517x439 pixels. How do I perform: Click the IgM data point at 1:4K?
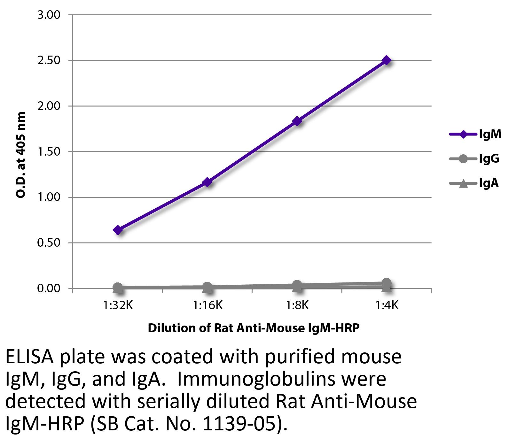point(387,60)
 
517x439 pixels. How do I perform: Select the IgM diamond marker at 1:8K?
point(297,121)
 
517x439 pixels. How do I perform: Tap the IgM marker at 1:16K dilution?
point(207,182)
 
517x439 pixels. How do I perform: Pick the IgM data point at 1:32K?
point(118,230)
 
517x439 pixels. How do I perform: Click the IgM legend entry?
point(490,135)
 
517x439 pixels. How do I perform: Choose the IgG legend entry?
point(489,159)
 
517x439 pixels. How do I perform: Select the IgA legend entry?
point(489,183)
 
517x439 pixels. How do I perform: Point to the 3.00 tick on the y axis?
point(49,15)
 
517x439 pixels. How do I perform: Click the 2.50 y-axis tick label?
point(49,60)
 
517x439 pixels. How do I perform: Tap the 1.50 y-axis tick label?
point(49,152)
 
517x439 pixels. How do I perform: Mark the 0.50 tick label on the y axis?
point(49,243)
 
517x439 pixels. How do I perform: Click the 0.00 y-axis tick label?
point(49,289)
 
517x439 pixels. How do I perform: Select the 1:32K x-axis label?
point(118,306)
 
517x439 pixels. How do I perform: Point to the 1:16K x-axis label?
point(207,306)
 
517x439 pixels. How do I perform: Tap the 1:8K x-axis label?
point(297,306)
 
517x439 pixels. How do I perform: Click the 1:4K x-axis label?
point(387,306)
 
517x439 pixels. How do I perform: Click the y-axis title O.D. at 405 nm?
point(21,155)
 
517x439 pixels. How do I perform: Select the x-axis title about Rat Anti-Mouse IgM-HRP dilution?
point(254,328)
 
